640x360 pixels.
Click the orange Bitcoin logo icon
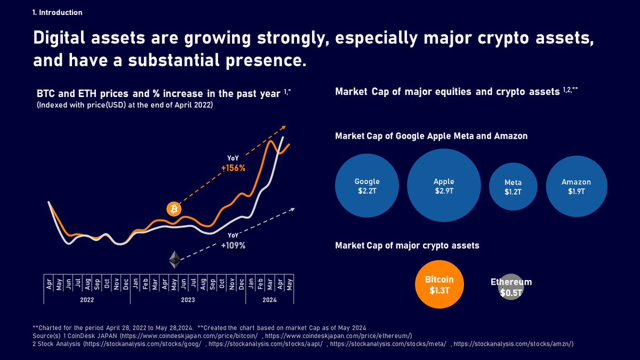coord(173,209)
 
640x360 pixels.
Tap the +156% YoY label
coord(233,168)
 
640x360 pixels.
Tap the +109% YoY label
coord(233,246)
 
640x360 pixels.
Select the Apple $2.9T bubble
coord(444,186)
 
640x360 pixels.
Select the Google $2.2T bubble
coord(367,186)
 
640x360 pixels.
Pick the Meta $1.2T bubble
coord(513,187)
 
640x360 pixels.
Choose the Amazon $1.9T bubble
coord(576,186)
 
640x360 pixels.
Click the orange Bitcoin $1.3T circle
coord(439,285)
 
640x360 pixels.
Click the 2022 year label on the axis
coord(87,300)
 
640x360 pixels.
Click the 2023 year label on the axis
coord(188,300)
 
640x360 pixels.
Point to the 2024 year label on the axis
coord(270,300)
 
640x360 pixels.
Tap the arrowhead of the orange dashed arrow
coord(284,127)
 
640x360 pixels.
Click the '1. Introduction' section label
coord(58,12)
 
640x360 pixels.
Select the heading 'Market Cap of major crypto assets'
coord(407,245)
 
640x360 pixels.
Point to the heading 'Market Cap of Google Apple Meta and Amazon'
coord(431,136)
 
